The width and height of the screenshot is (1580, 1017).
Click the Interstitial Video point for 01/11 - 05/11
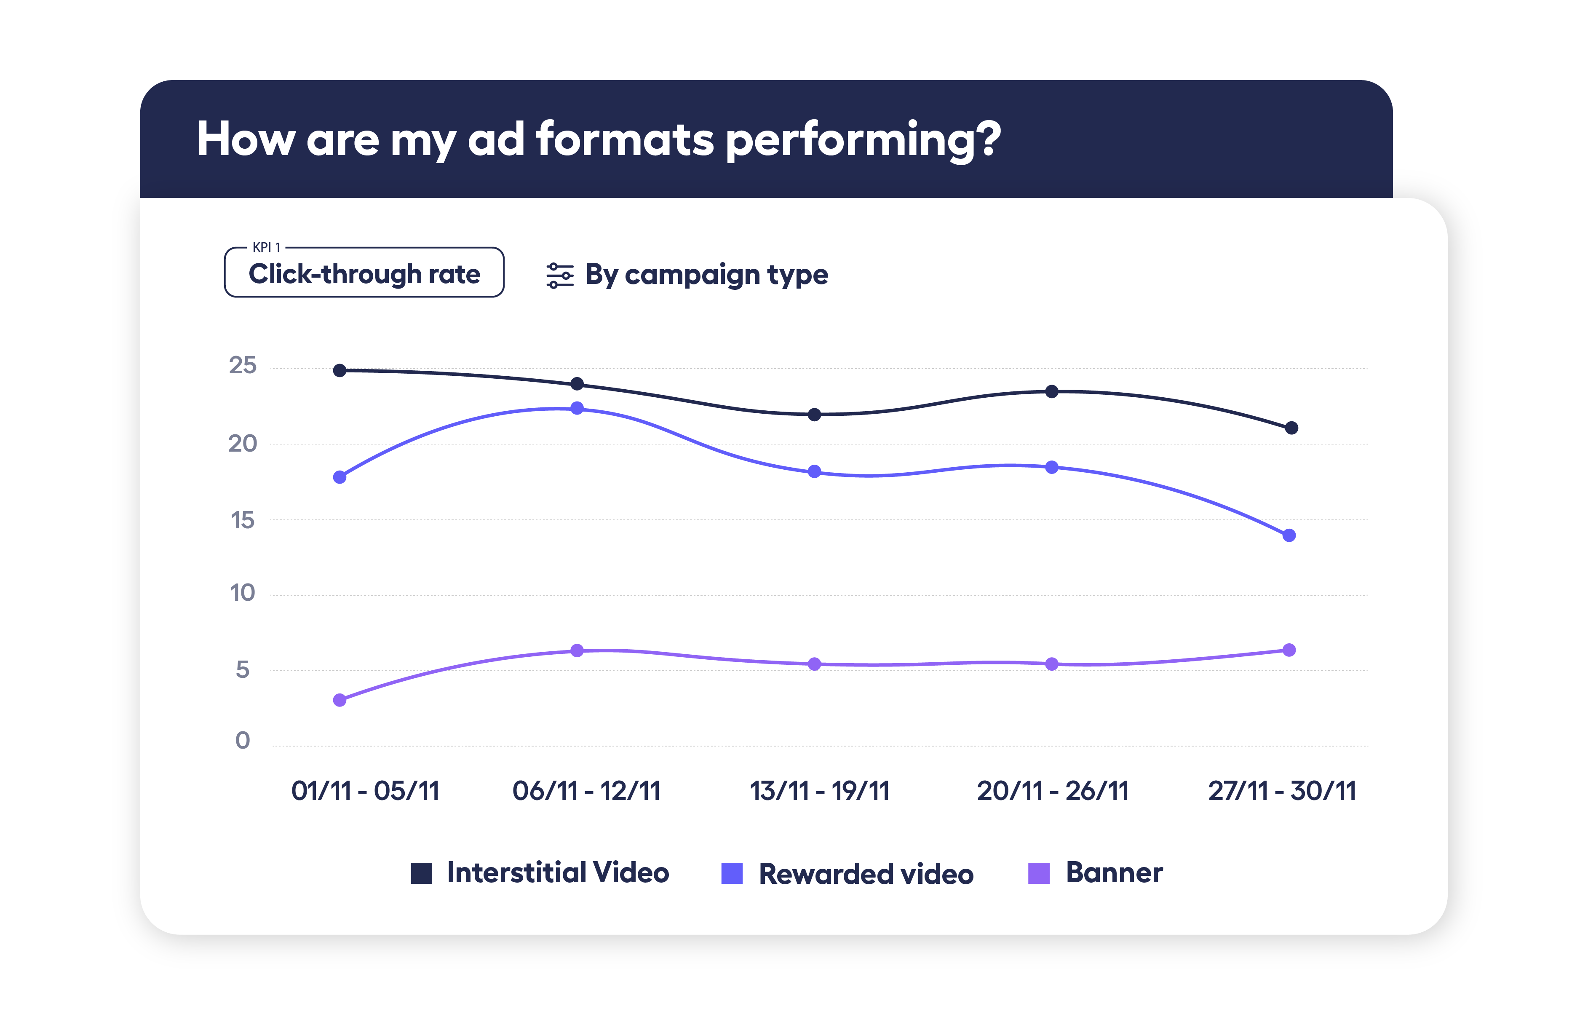pyautogui.click(x=340, y=370)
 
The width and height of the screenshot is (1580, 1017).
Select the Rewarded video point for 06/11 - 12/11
pyautogui.click(x=576, y=408)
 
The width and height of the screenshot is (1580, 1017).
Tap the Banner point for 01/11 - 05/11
pyautogui.click(x=340, y=700)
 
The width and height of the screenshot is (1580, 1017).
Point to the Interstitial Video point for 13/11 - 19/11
pyautogui.click(x=814, y=415)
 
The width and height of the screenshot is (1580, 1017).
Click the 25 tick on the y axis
pyautogui.click(x=242, y=365)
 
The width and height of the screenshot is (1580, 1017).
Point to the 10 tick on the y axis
pyautogui.click(x=242, y=593)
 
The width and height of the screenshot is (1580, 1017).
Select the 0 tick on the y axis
pyautogui.click(x=242, y=741)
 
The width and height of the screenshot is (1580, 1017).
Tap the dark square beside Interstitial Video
pyautogui.click(x=421, y=873)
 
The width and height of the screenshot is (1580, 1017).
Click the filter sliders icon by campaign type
pyautogui.click(x=559, y=276)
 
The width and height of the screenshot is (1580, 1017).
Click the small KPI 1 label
pyautogui.click(x=266, y=248)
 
